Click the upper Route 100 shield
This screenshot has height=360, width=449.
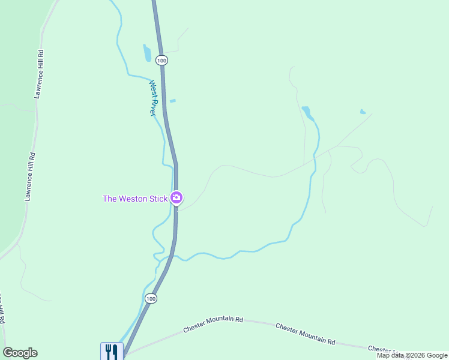tap(161, 60)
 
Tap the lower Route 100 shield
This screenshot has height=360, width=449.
tap(151, 298)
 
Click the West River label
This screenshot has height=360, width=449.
tap(152, 98)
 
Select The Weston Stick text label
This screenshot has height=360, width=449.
tap(135, 199)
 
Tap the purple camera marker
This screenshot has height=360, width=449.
tap(176, 197)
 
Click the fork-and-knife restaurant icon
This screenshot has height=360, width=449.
tap(112, 350)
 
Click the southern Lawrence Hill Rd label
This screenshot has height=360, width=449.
tap(30, 176)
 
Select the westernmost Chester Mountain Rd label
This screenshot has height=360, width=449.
tap(213, 324)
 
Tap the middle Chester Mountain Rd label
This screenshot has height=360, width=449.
tap(305, 334)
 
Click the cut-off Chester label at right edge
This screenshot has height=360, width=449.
tap(382, 349)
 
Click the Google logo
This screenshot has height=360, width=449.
tap(20, 353)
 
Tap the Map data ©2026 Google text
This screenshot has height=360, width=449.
tap(411, 355)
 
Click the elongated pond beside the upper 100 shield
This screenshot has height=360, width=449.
tap(147, 53)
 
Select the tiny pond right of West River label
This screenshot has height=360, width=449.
tap(173, 101)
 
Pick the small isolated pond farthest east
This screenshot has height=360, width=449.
tap(363, 112)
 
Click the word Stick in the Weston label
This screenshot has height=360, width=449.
tap(156, 199)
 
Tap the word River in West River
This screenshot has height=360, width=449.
tap(152, 106)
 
